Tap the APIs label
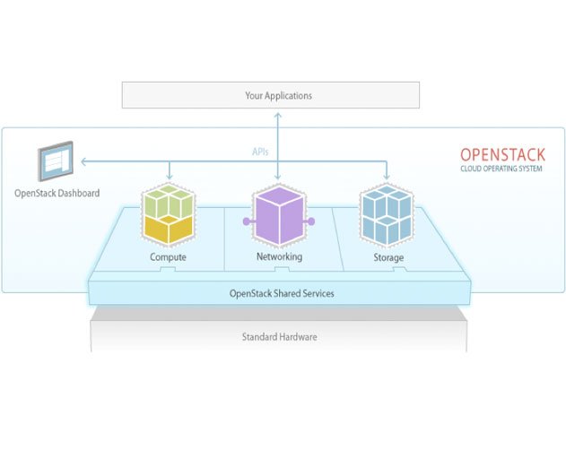(x=260, y=152)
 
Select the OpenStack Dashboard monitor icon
(x=57, y=162)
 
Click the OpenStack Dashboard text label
(x=57, y=193)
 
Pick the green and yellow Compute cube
(x=169, y=213)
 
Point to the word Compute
(x=169, y=257)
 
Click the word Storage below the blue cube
(x=388, y=257)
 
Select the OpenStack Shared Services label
(x=282, y=293)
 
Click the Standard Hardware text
(x=279, y=337)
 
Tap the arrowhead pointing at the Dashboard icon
(x=83, y=162)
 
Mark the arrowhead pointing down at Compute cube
(x=169, y=178)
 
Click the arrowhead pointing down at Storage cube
(x=387, y=178)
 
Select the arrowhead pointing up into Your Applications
(x=278, y=113)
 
